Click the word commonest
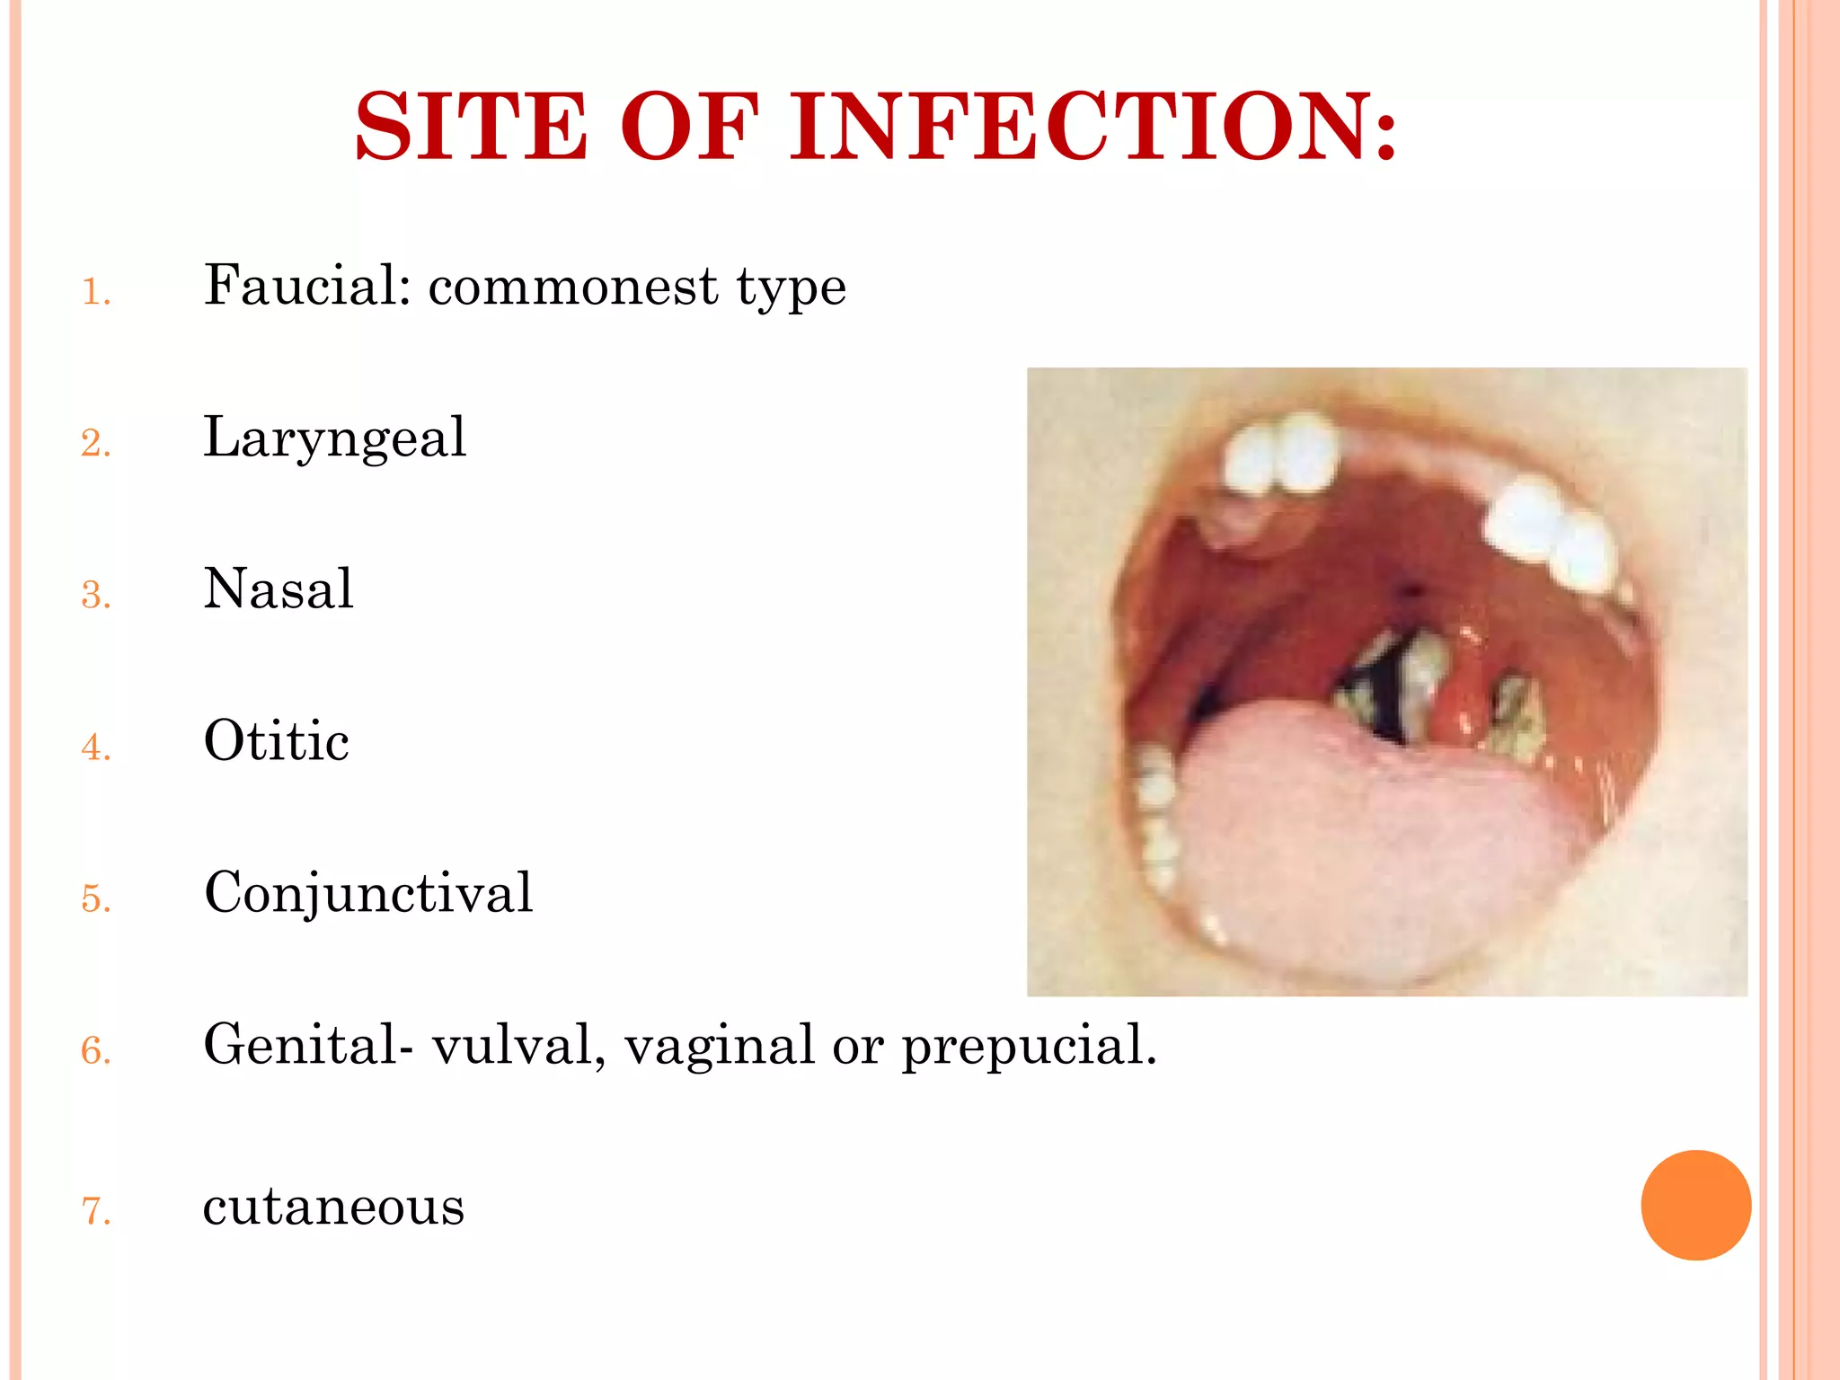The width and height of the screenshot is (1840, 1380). (x=573, y=287)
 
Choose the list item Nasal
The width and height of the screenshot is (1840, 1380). (x=279, y=589)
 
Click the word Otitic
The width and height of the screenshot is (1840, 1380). (x=277, y=741)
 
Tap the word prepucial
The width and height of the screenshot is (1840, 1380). (x=1030, y=1047)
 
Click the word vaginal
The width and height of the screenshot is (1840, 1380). (x=719, y=1047)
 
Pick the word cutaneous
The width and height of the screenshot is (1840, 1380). (x=333, y=1206)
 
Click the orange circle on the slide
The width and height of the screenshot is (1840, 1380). (x=1695, y=1205)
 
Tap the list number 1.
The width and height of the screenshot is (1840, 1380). (x=95, y=293)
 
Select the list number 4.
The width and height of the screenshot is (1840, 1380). (x=95, y=747)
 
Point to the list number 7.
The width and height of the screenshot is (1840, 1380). (x=95, y=1212)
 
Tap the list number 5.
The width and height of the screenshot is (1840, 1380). (x=95, y=899)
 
